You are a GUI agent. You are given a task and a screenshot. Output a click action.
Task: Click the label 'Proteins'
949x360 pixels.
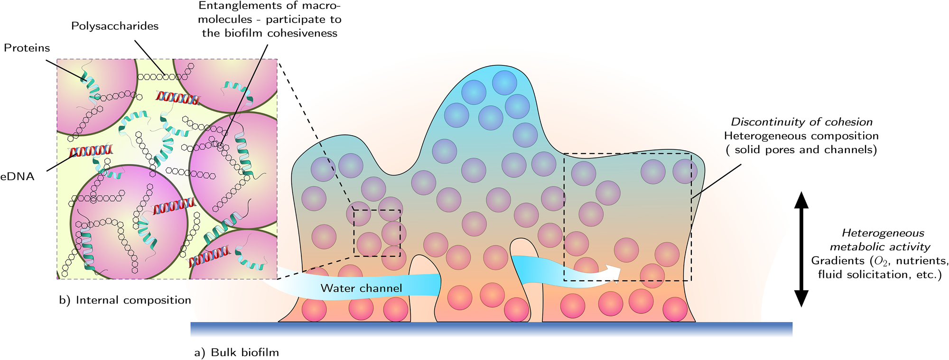[x=27, y=48]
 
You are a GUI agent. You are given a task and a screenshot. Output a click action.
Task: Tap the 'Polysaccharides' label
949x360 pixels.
[x=115, y=26]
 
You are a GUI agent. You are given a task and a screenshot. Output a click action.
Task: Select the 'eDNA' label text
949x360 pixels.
[x=18, y=176]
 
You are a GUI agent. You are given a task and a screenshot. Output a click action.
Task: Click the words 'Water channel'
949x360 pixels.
[x=361, y=288]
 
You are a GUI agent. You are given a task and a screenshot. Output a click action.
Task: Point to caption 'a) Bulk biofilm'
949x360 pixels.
[x=236, y=352]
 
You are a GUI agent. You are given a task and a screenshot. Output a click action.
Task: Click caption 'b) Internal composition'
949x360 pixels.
[x=125, y=300]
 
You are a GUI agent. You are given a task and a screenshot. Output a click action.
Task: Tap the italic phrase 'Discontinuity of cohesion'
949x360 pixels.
[x=801, y=122]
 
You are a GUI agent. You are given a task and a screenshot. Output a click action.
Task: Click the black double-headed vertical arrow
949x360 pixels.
[x=801, y=249]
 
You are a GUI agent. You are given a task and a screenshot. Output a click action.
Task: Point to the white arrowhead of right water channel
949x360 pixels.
[x=613, y=271]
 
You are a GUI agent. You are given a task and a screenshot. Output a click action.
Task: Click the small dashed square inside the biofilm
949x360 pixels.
[x=377, y=233]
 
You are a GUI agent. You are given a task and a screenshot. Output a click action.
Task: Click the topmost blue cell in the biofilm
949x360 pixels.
[x=504, y=83]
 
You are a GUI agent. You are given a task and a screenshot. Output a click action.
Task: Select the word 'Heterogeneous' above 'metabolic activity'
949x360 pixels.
[x=883, y=233]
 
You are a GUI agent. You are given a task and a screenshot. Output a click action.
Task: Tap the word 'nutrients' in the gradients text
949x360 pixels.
[x=921, y=261]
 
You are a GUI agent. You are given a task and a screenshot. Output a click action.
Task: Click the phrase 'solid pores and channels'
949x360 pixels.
[x=805, y=150]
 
